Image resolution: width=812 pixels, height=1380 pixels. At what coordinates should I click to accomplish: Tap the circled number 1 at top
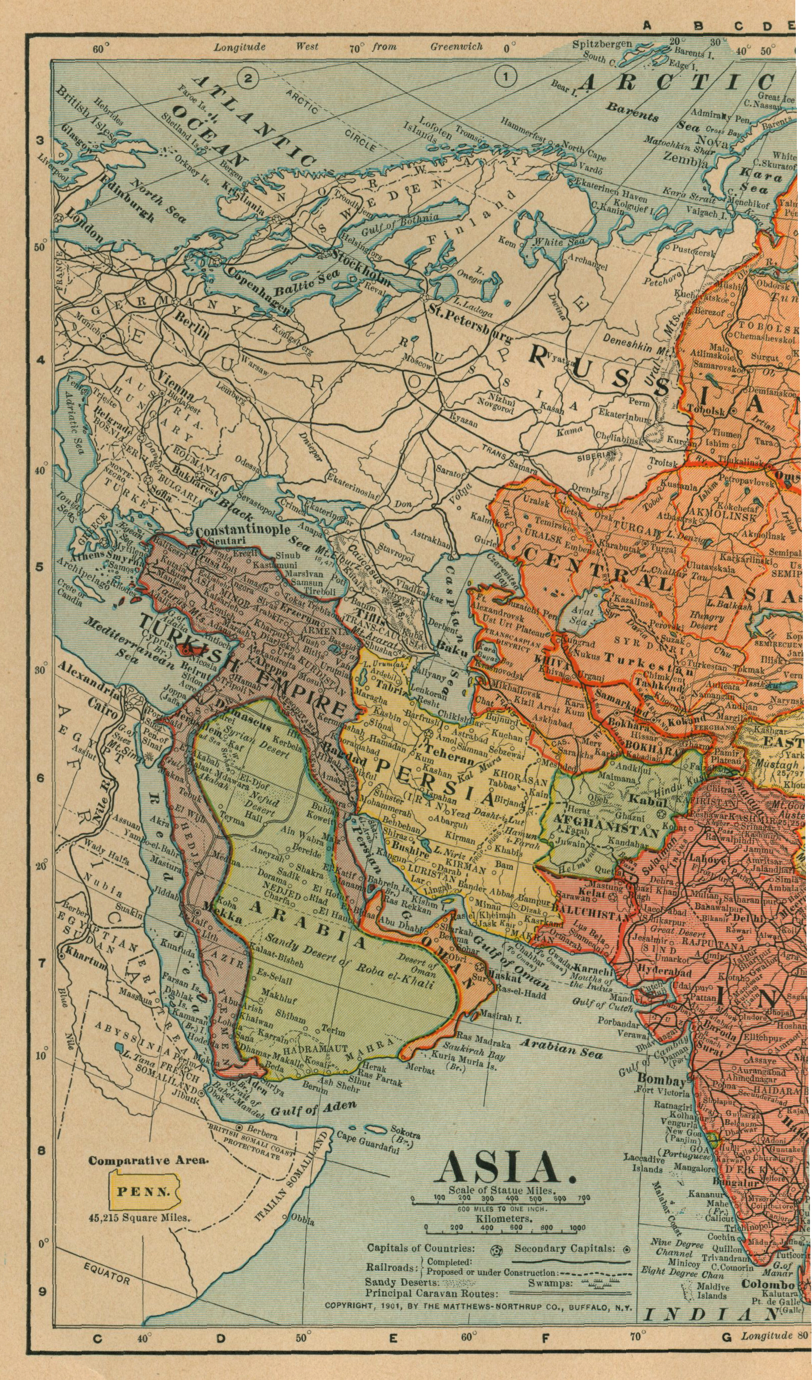(x=505, y=78)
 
